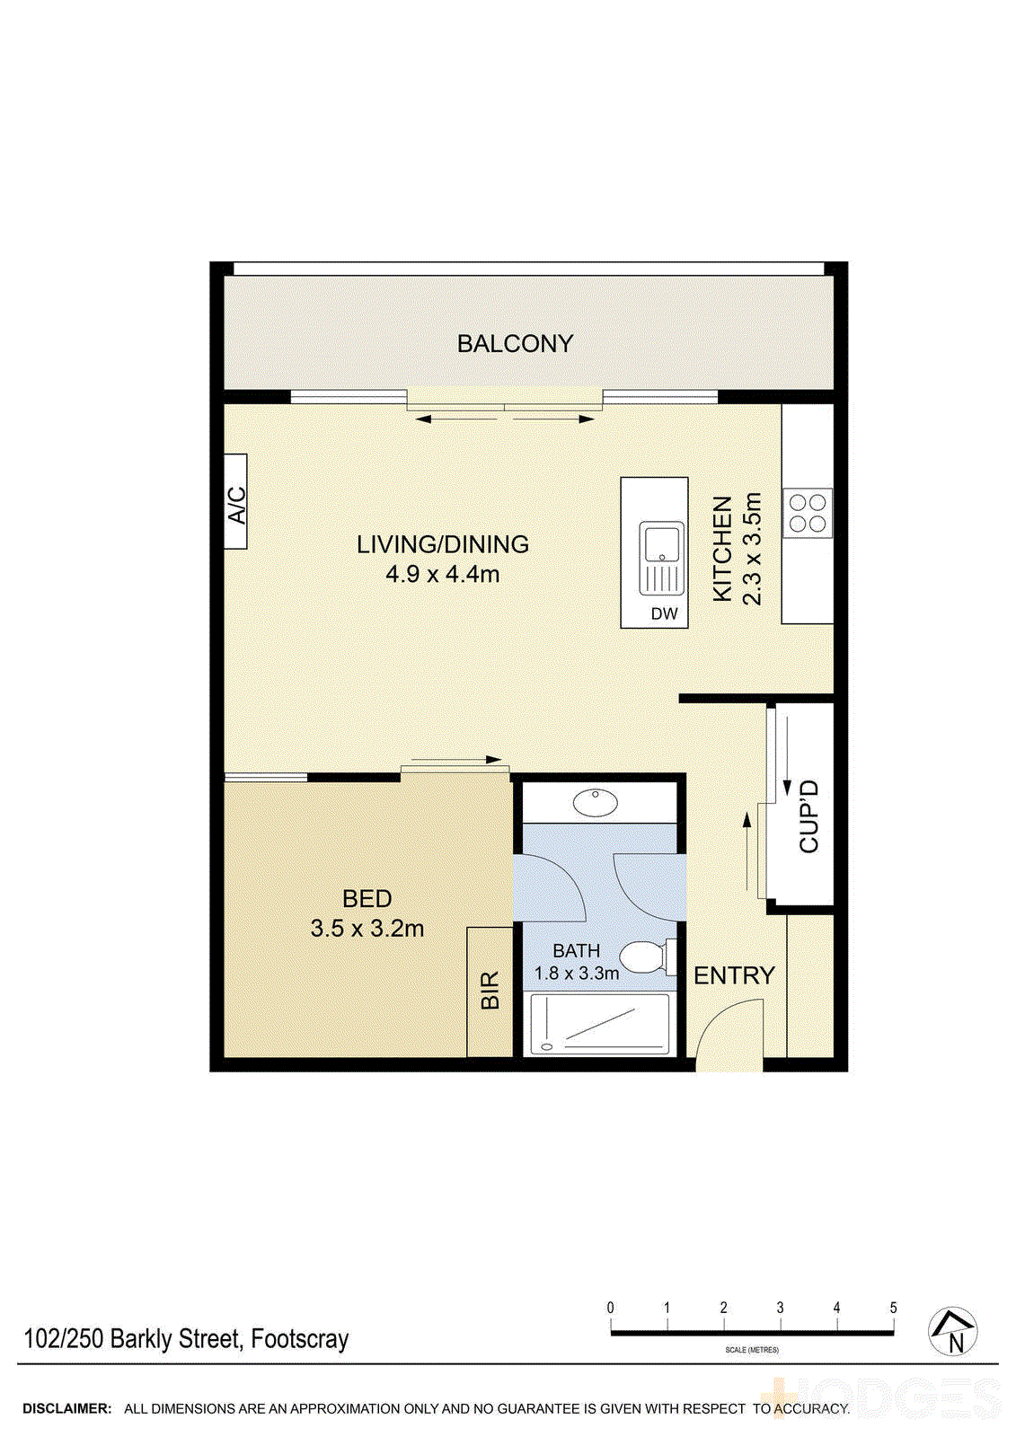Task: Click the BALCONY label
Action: pyautogui.click(x=515, y=344)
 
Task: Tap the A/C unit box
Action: pyautogui.click(x=235, y=502)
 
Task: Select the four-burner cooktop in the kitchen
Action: pyautogui.click(x=807, y=514)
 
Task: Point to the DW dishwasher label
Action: pyautogui.click(x=664, y=614)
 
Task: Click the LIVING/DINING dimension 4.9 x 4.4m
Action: pyautogui.click(x=443, y=575)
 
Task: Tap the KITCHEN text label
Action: pyautogui.click(x=722, y=549)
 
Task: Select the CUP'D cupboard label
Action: pyautogui.click(x=808, y=816)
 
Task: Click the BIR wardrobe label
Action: pyautogui.click(x=490, y=991)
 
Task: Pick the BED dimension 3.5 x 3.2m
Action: pyautogui.click(x=367, y=929)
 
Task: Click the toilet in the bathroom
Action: pyautogui.click(x=644, y=957)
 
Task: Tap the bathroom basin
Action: pyautogui.click(x=596, y=801)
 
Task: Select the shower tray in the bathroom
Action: pyautogui.click(x=599, y=1023)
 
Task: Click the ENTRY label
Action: pyautogui.click(x=734, y=975)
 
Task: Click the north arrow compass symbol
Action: pyautogui.click(x=952, y=1331)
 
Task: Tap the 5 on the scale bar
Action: pyautogui.click(x=893, y=1308)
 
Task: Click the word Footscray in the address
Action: pyautogui.click(x=299, y=1339)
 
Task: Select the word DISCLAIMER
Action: pyautogui.click(x=67, y=1409)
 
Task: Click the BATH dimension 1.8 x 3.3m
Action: pyautogui.click(x=576, y=974)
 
